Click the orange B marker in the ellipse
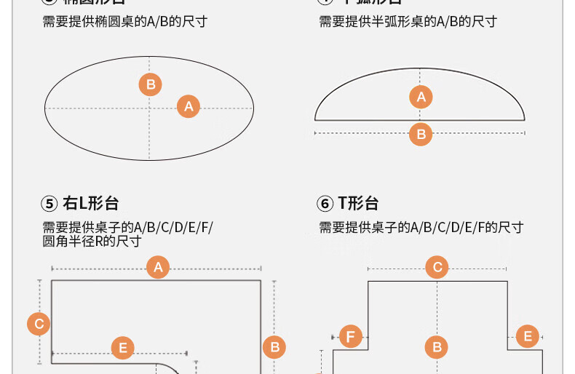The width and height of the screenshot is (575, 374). pyautogui.click(x=151, y=84)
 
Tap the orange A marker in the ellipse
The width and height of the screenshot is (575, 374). pyautogui.click(x=189, y=106)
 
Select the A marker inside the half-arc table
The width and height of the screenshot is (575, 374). pyautogui.click(x=421, y=96)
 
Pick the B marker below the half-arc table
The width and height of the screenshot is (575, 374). pyautogui.click(x=421, y=134)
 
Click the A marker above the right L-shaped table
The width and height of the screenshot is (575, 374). pyautogui.click(x=158, y=267)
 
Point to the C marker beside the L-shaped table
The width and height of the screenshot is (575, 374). pyautogui.click(x=39, y=324)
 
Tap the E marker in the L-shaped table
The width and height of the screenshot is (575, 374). pyautogui.click(x=122, y=349)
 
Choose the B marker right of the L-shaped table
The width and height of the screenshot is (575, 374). pyautogui.click(x=274, y=347)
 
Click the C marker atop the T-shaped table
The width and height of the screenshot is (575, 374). pyautogui.click(x=437, y=267)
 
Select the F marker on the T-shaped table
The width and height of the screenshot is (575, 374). pyautogui.click(x=351, y=336)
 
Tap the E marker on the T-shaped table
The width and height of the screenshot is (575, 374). pyautogui.click(x=527, y=336)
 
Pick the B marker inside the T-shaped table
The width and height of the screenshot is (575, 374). pyautogui.click(x=437, y=347)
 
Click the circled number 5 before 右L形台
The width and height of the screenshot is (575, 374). pyautogui.click(x=49, y=204)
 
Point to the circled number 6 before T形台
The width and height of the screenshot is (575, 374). pyautogui.click(x=325, y=204)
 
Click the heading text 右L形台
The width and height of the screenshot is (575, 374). pyautogui.click(x=91, y=204)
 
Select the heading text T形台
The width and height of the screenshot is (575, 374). pyautogui.click(x=359, y=204)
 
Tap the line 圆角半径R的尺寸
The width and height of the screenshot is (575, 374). pyautogui.click(x=92, y=241)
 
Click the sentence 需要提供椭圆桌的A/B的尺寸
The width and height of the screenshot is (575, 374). pyautogui.click(x=124, y=21)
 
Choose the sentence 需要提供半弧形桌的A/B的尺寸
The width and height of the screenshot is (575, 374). pyautogui.click(x=408, y=21)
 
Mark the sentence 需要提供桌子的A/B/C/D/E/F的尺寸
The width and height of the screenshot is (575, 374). pyautogui.click(x=421, y=227)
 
